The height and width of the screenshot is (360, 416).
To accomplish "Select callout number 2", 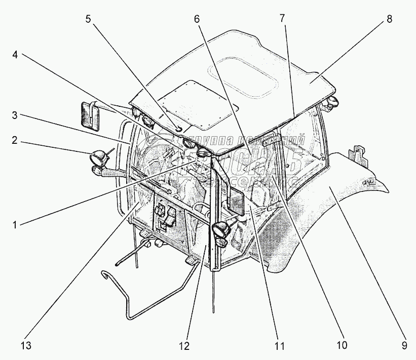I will click(x=15, y=140).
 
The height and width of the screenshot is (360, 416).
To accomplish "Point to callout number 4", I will click(x=15, y=55).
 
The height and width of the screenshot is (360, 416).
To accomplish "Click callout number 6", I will click(x=197, y=20).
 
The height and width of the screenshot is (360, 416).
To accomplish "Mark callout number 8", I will click(x=389, y=20).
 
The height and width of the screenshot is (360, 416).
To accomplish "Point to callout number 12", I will click(x=183, y=347).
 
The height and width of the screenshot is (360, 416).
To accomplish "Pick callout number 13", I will click(x=26, y=347).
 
